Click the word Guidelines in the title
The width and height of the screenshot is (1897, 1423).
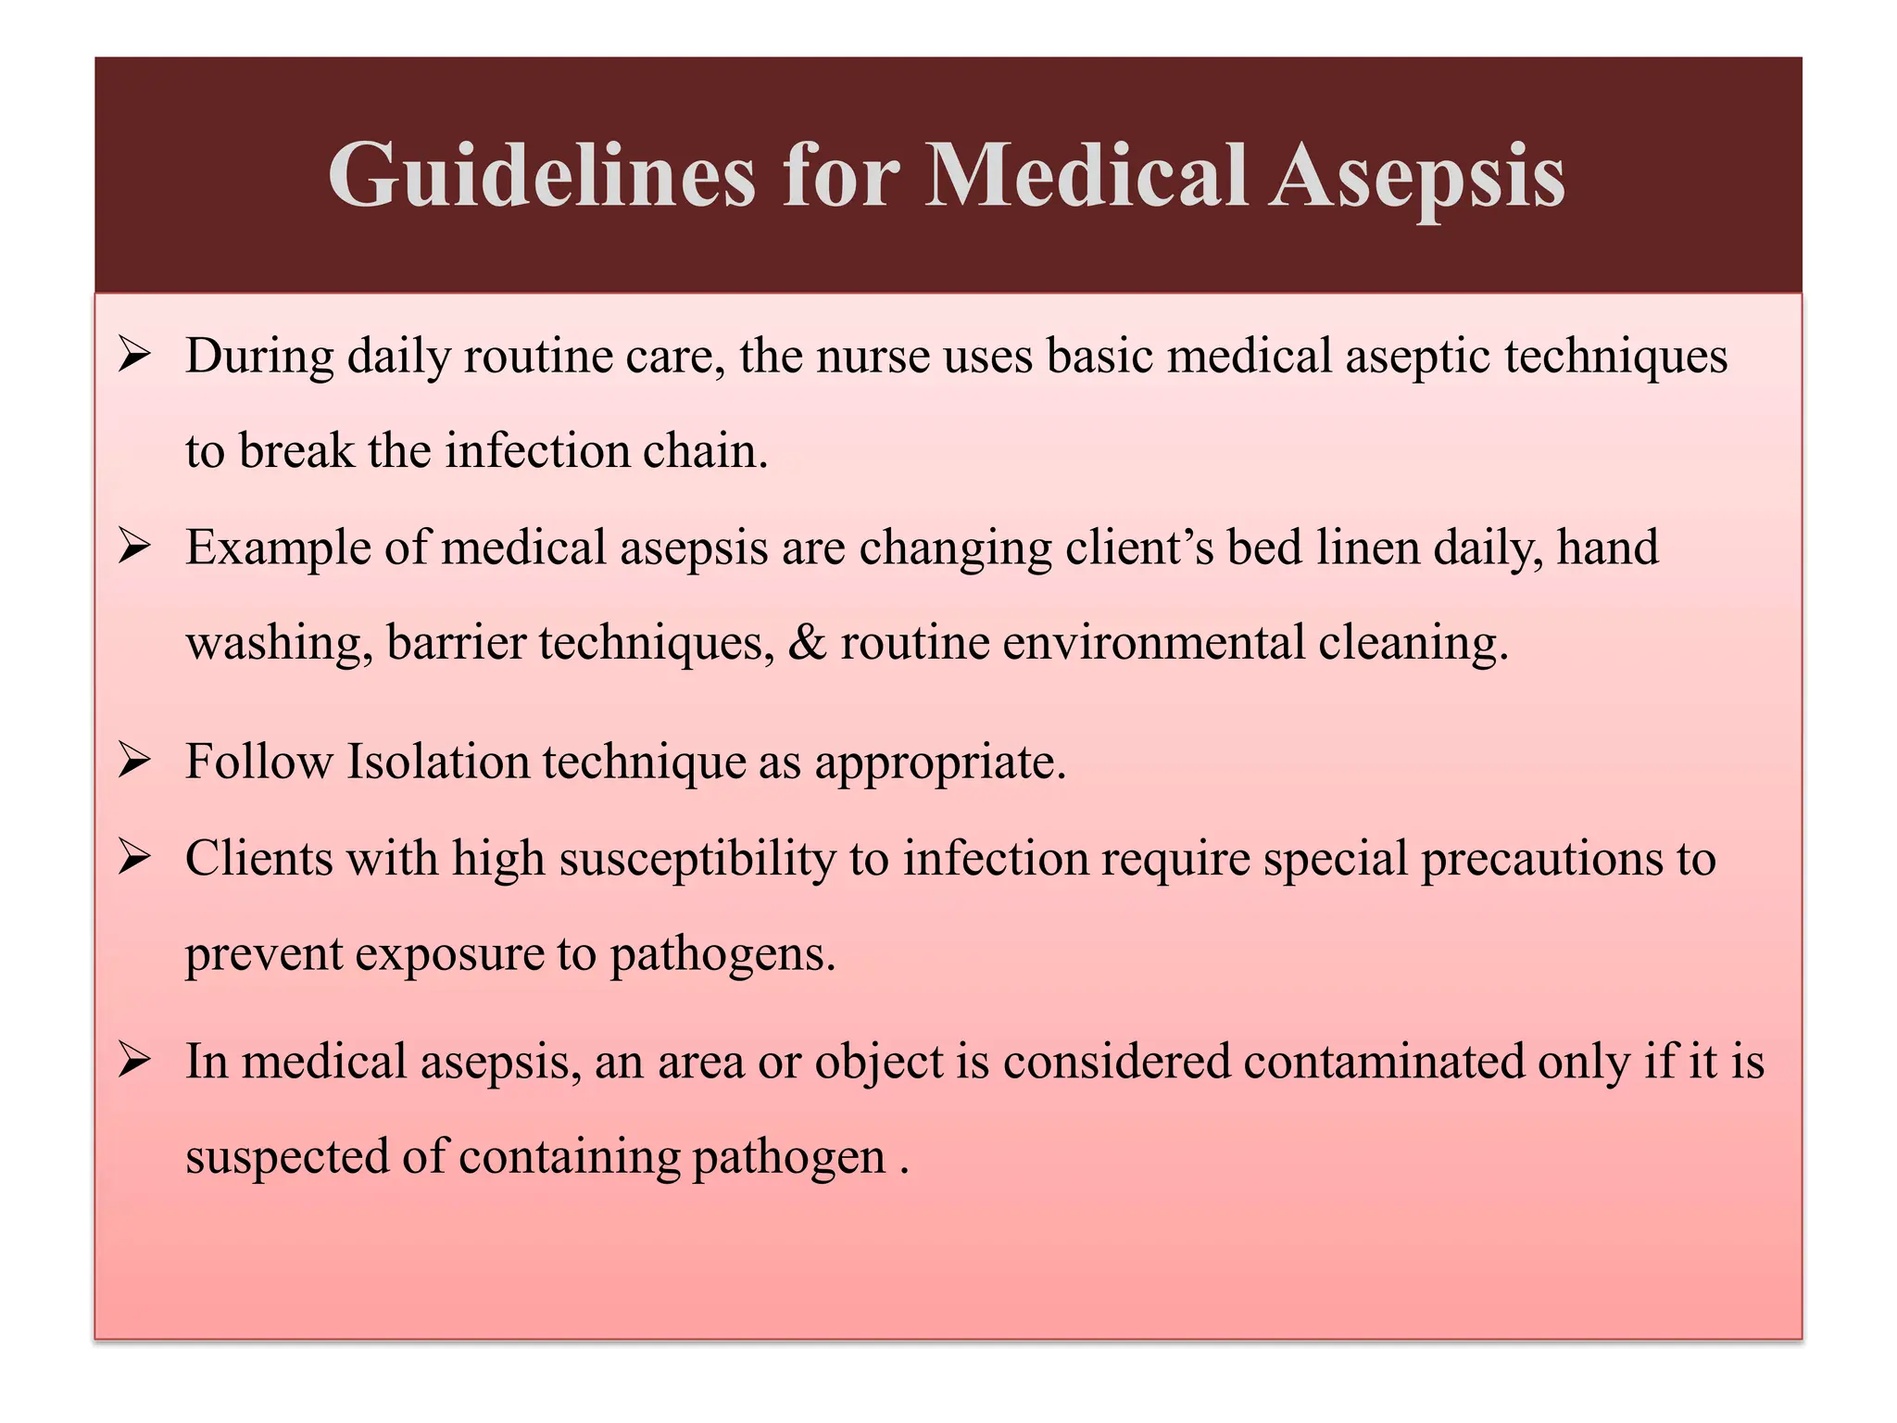pos(542,176)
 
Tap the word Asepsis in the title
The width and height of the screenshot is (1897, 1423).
pos(1416,176)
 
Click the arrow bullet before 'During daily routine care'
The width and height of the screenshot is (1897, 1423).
pos(135,355)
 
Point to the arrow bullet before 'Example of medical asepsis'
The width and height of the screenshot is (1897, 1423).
pos(135,547)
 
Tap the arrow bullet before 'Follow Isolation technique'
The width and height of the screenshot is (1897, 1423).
pos(135,762)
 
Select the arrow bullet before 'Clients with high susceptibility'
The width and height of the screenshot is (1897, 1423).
pos(135,858)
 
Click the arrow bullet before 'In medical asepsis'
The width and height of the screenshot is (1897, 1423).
pos(135,1061)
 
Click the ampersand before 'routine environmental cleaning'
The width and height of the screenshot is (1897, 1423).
pos(807,642)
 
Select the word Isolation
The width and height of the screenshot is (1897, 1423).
pos(437,762)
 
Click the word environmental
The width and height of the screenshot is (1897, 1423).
pos(1153,642)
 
